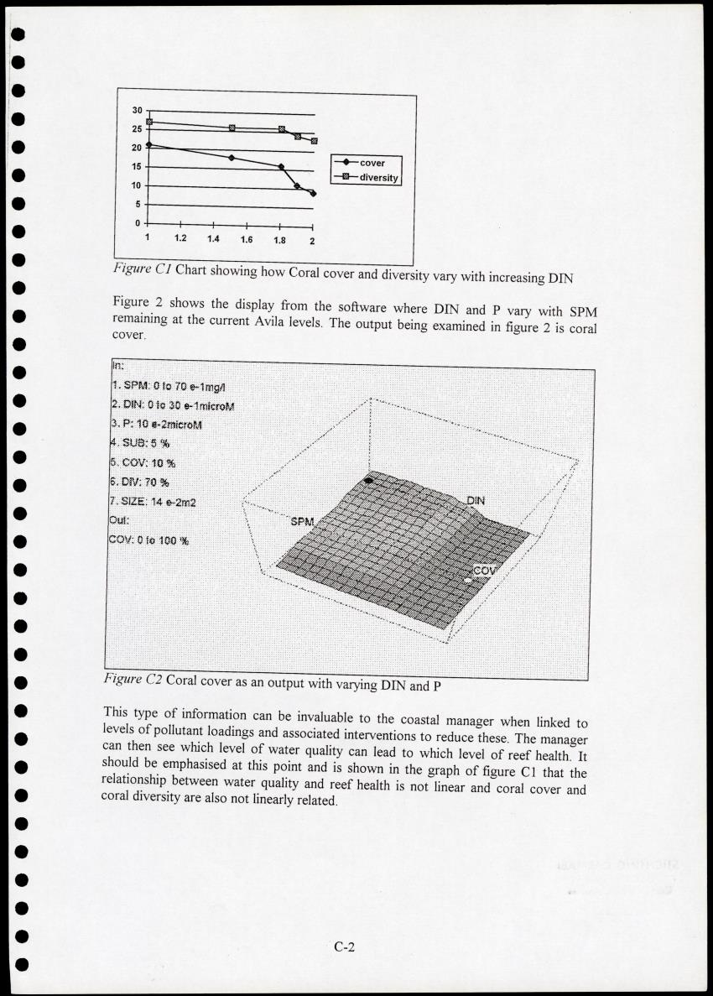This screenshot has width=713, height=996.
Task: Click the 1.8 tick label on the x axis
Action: (279, 241)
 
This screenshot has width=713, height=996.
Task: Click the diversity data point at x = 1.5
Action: (232, 128)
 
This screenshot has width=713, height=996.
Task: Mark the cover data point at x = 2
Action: (313, 194)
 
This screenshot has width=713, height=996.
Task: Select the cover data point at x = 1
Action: (148, 144)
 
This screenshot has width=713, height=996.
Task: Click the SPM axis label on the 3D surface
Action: (301, 522)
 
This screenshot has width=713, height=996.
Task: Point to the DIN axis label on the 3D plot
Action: (476, 501)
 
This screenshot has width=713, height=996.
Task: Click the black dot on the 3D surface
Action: (368, 481)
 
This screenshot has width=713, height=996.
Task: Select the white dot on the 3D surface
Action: (468, 579)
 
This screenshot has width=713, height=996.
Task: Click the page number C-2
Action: (346, 947)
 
